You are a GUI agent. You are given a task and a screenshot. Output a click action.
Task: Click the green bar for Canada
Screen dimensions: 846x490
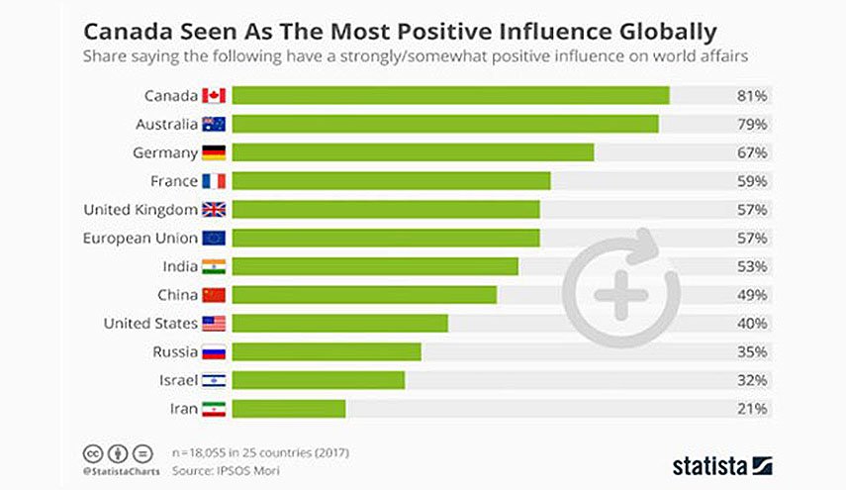(x=451, y=95)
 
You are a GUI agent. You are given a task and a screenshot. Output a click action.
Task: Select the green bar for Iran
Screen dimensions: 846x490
(x=289, y=409)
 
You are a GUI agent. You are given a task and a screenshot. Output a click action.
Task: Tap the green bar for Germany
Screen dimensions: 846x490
(x=414, y=152)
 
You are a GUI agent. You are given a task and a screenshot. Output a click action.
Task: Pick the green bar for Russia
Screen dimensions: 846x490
(x=327, y=351)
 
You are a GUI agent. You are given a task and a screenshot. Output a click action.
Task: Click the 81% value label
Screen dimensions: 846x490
(x=752, y=96)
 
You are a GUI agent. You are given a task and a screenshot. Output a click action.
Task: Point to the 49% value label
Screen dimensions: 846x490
(x=752, y=295)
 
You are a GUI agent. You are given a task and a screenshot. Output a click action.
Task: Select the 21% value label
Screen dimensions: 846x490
(x=752, y=409)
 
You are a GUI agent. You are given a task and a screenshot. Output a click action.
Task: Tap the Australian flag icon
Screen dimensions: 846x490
(x=214, y=124)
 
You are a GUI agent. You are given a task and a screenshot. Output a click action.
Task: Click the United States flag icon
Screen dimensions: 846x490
(x=214, y=324)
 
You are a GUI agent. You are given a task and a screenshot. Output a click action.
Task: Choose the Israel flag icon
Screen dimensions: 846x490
(x=214, y=380)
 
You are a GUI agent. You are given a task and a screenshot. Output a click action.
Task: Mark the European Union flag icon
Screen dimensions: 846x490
(x=214, y=238)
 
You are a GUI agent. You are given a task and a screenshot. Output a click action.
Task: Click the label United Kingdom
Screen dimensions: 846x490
(x=141, y=210)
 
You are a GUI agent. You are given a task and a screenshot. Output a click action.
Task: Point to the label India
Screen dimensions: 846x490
(x=180, y=266)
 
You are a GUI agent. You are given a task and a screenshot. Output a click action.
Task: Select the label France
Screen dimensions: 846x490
(x=174, y=181)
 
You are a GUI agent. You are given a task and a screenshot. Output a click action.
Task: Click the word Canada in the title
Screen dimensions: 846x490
(x=129, y=32)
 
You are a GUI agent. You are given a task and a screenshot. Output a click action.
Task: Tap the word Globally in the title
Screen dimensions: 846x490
(x=668, y=33)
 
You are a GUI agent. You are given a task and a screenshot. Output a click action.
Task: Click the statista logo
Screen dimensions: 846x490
(x=722, y=465)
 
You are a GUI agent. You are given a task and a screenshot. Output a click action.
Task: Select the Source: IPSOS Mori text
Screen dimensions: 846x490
(x=226, y=470)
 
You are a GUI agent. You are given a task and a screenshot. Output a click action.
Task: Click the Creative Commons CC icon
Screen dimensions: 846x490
(x=93, y=453)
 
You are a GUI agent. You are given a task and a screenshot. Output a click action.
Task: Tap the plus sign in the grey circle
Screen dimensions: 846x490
(x=621, y=295)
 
